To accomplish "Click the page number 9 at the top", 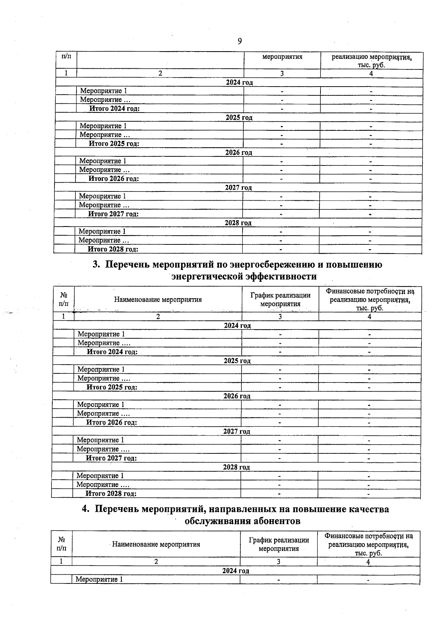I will (x=240, y=41).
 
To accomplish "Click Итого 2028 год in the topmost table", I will (x=113, y=249).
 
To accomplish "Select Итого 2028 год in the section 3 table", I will (x=111, y=494).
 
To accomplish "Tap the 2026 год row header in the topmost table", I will (x=239, y=152).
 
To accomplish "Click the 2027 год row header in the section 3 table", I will (x=237, y=431).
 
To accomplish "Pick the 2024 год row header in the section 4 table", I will (x=236, y=571).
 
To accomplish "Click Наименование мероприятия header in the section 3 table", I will (x=158, y=300).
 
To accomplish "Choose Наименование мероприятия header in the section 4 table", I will (x=156, y=544).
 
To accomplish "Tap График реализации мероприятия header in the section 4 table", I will (x=279, y=544).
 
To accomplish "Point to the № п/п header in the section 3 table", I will (x=63, y=299).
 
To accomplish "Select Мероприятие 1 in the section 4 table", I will (x=99, y=579).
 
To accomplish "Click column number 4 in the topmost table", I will (x=371, y=73).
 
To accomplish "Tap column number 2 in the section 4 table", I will (x=156, y=562).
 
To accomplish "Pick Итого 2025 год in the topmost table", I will (x=114, y=144).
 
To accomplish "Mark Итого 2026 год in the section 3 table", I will (x=112, y=422).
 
